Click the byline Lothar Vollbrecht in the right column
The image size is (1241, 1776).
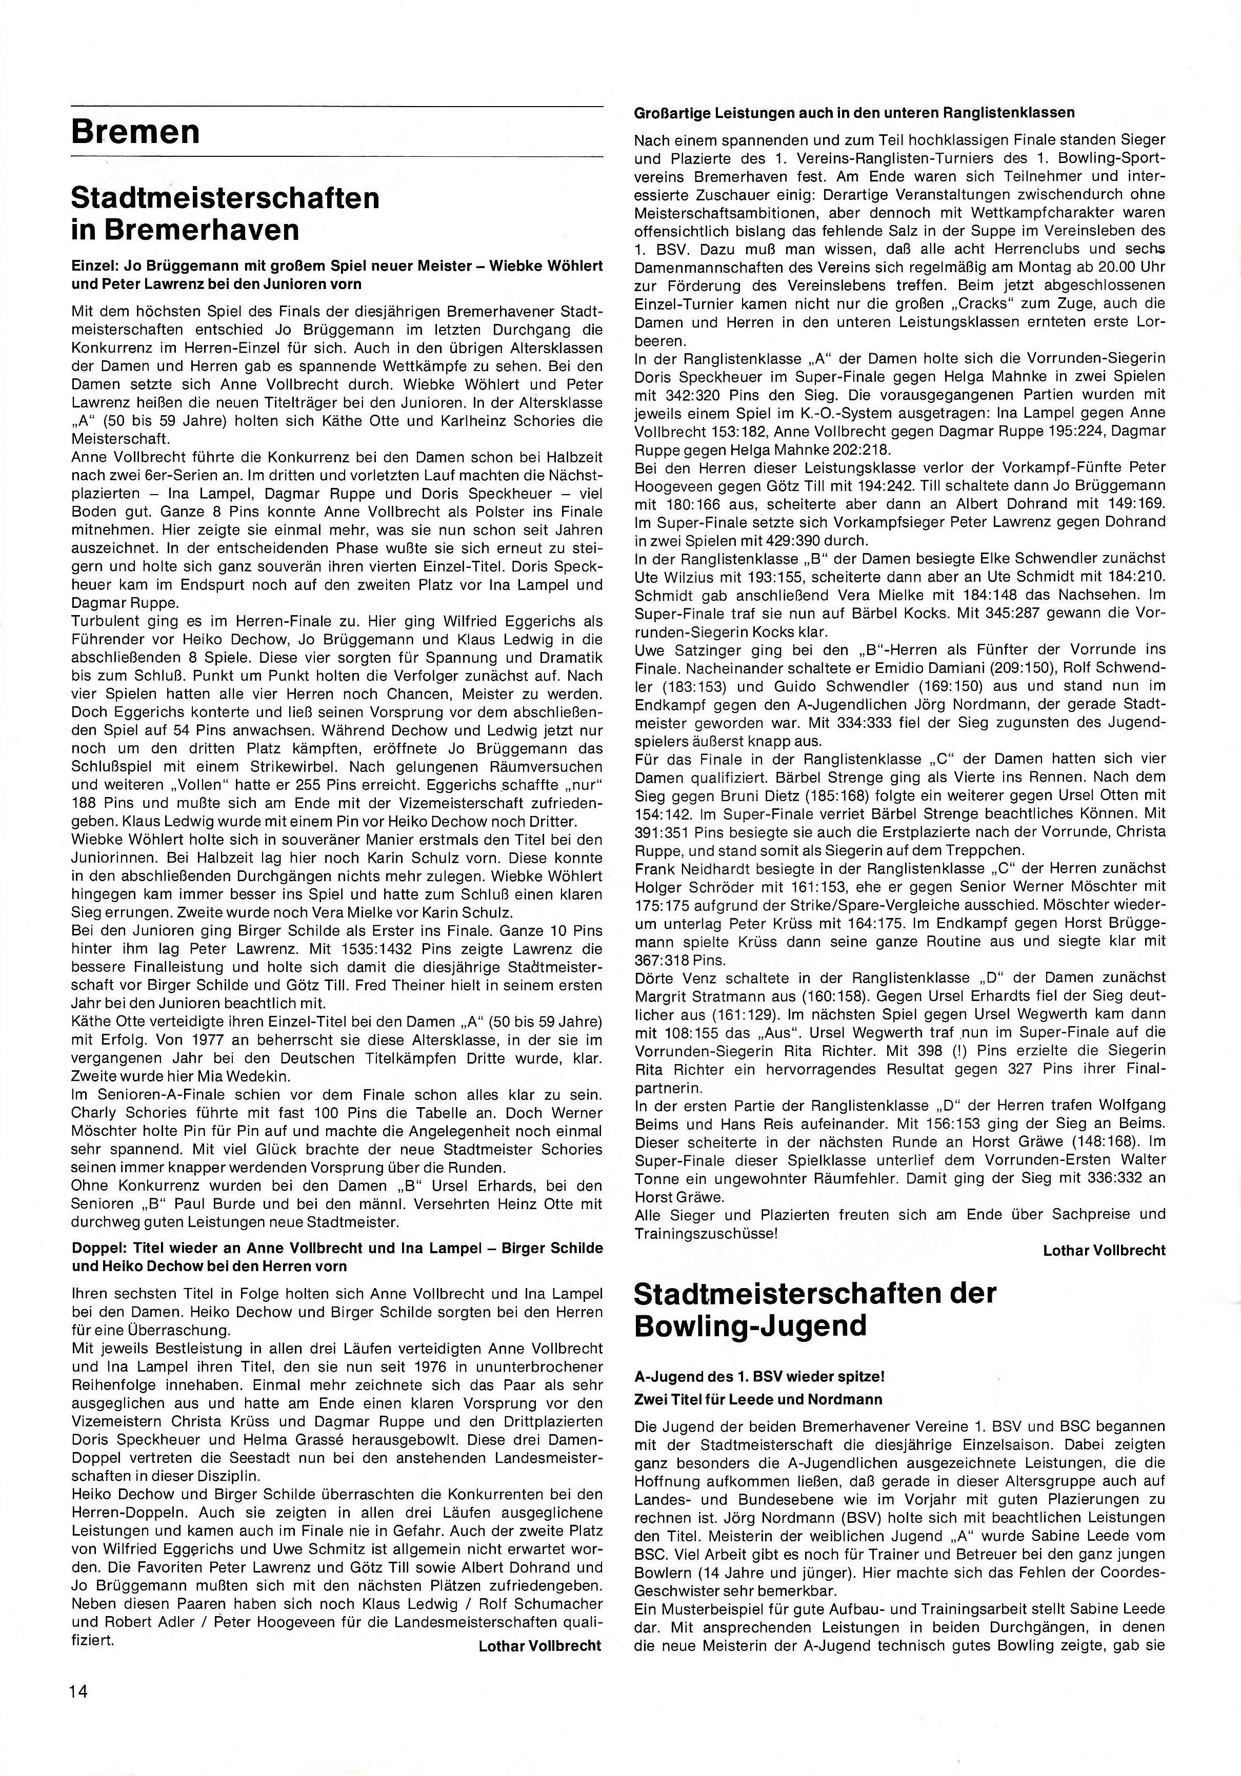[1103, 1250]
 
